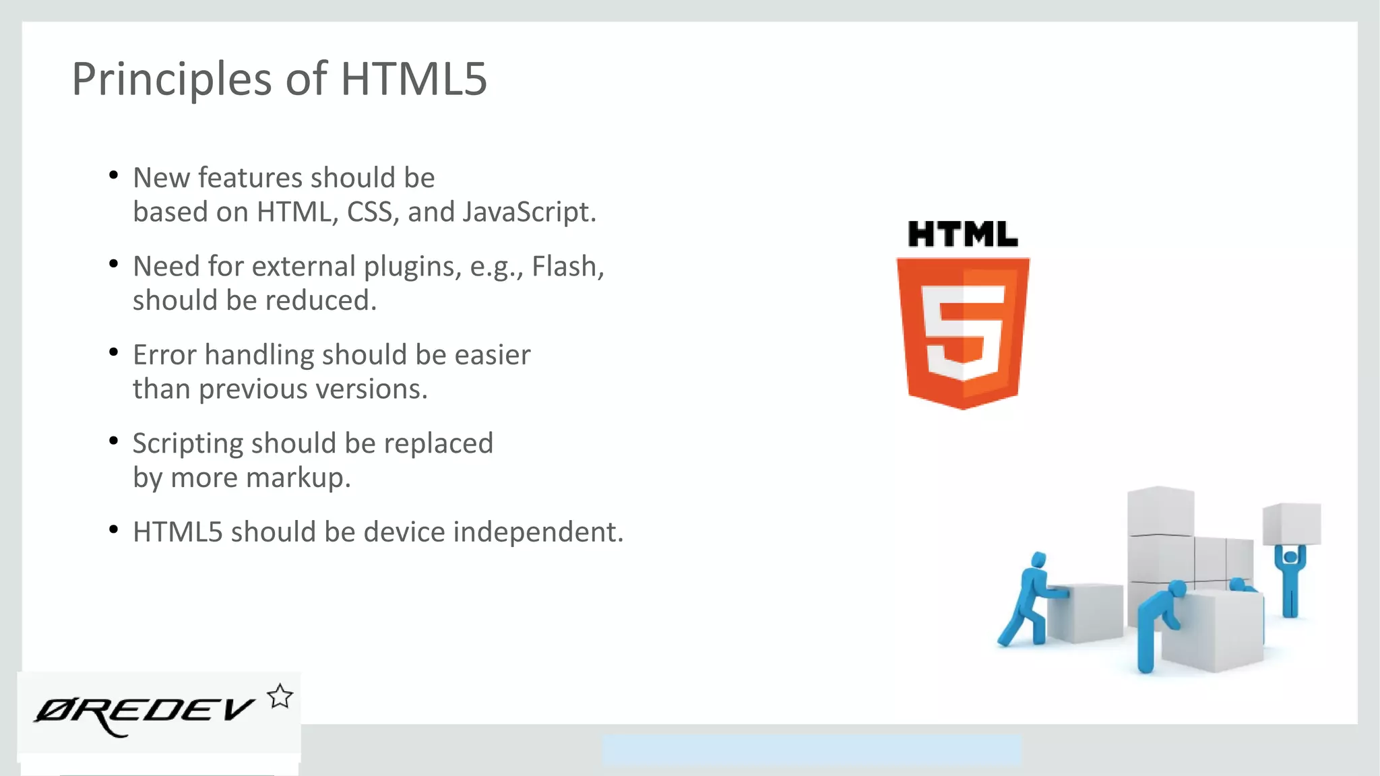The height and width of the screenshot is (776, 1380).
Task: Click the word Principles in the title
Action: click(172, 79)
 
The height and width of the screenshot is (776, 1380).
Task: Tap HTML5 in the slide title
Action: click(413, 79)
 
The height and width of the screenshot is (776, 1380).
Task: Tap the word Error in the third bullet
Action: click(164, 355)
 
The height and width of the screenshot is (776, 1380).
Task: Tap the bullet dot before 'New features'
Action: click(113, 176)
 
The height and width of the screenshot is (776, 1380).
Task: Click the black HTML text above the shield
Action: click(962, 234)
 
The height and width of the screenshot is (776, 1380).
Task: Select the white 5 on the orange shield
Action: click(962, 330)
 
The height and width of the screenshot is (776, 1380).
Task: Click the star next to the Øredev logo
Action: click(280, 697)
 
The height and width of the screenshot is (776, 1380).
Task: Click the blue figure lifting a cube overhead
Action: click(1290, 579)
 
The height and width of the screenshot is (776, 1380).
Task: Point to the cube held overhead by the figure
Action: click(1291, 523)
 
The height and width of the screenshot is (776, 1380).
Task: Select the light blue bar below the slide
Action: click(811, 750)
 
